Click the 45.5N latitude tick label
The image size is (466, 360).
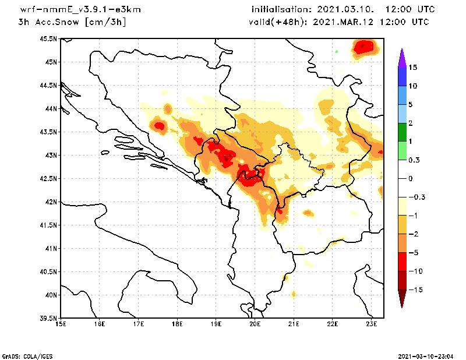[x=48, y=39]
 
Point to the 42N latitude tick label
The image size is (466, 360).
[x=51, y=202]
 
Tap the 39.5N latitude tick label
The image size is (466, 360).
[x=48, y=319]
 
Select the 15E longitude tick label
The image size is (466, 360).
[x=61, y=324]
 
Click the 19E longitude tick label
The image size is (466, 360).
[x=216, y=324]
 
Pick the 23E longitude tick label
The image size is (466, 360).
[x=372, y=324]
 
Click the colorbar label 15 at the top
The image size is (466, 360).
[x=413, y=67]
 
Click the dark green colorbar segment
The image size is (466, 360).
[x=402, y=132]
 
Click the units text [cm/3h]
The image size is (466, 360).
[x=105, y=22]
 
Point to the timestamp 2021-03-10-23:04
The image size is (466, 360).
[x=428, y=355]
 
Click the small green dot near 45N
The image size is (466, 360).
[x=337, y=51]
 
